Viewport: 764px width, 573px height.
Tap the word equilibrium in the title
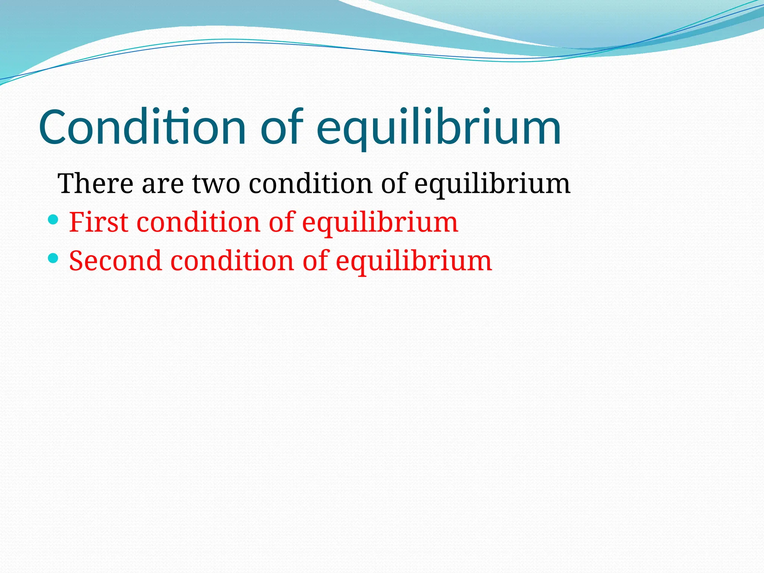(x=438, y=127)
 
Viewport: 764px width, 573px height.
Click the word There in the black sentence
(x=95, y=184)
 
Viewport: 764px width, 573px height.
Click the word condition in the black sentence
(x=310, y=184)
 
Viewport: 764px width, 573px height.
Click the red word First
(x=98, y=222)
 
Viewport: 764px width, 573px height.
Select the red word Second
(x=115, y=261)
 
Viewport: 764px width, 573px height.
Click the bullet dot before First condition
(x=53, y=219)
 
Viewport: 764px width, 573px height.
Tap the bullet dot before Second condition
(x=53, y=258)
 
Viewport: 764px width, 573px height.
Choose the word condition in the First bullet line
(x=198, y=222)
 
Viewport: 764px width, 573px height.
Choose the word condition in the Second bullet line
(x=232, y=261)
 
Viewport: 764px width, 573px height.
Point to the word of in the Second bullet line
(x=315, y=261)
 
